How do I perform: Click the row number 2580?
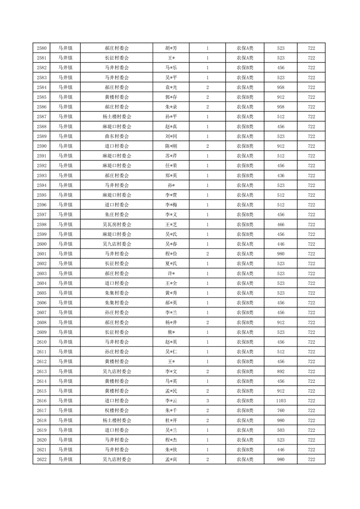[x=41, y=48]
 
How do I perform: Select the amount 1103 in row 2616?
[x=281, y=401]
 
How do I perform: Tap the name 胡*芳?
[x=171, y=48]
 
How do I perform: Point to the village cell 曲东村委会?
[x=117, y=136]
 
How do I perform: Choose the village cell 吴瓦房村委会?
[x=117, y=225]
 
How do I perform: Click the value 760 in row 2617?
[x=281, y=411]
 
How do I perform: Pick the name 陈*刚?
[x=171, y=146]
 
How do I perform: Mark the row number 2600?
[x=41, y=244]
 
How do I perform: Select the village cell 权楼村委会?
[x=117, y=411]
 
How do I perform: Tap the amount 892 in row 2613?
[x=281, y=372]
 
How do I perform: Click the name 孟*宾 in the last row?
[x=171, y=460]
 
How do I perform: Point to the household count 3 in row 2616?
[x=207, y=401]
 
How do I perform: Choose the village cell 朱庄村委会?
[x=117, y=215]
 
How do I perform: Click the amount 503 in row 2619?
[x=281, y=430]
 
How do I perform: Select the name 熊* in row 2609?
[x=171, y=332]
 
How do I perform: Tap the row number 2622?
[x=41, y=460]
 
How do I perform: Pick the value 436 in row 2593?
[x=281, y=176]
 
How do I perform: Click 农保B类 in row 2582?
[x=245, y=68]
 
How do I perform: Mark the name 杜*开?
[x=171, y=420]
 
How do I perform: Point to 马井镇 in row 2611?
[x=65, y=352]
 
